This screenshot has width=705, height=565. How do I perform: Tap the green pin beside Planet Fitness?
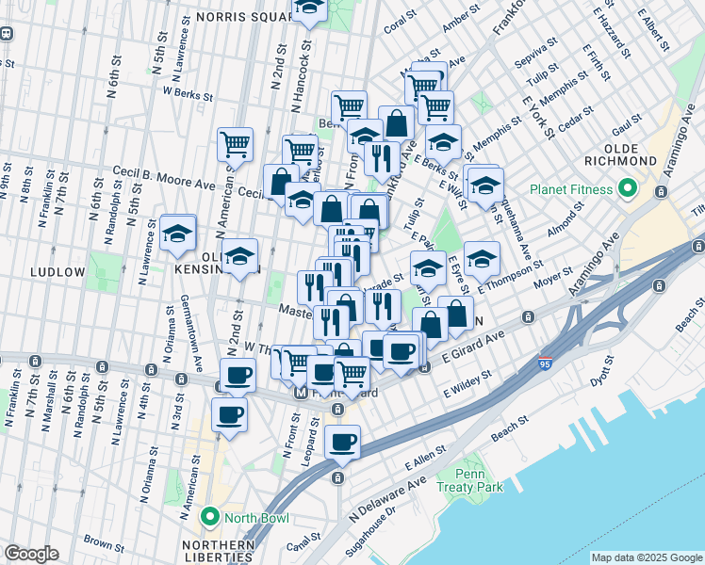point(629,190)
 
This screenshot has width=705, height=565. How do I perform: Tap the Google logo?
point(31,553)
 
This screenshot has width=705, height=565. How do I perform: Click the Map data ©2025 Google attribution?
point(647,557)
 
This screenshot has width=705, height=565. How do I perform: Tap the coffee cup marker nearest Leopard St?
point(342,441)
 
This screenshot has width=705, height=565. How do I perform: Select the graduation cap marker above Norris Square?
point(309,8)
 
